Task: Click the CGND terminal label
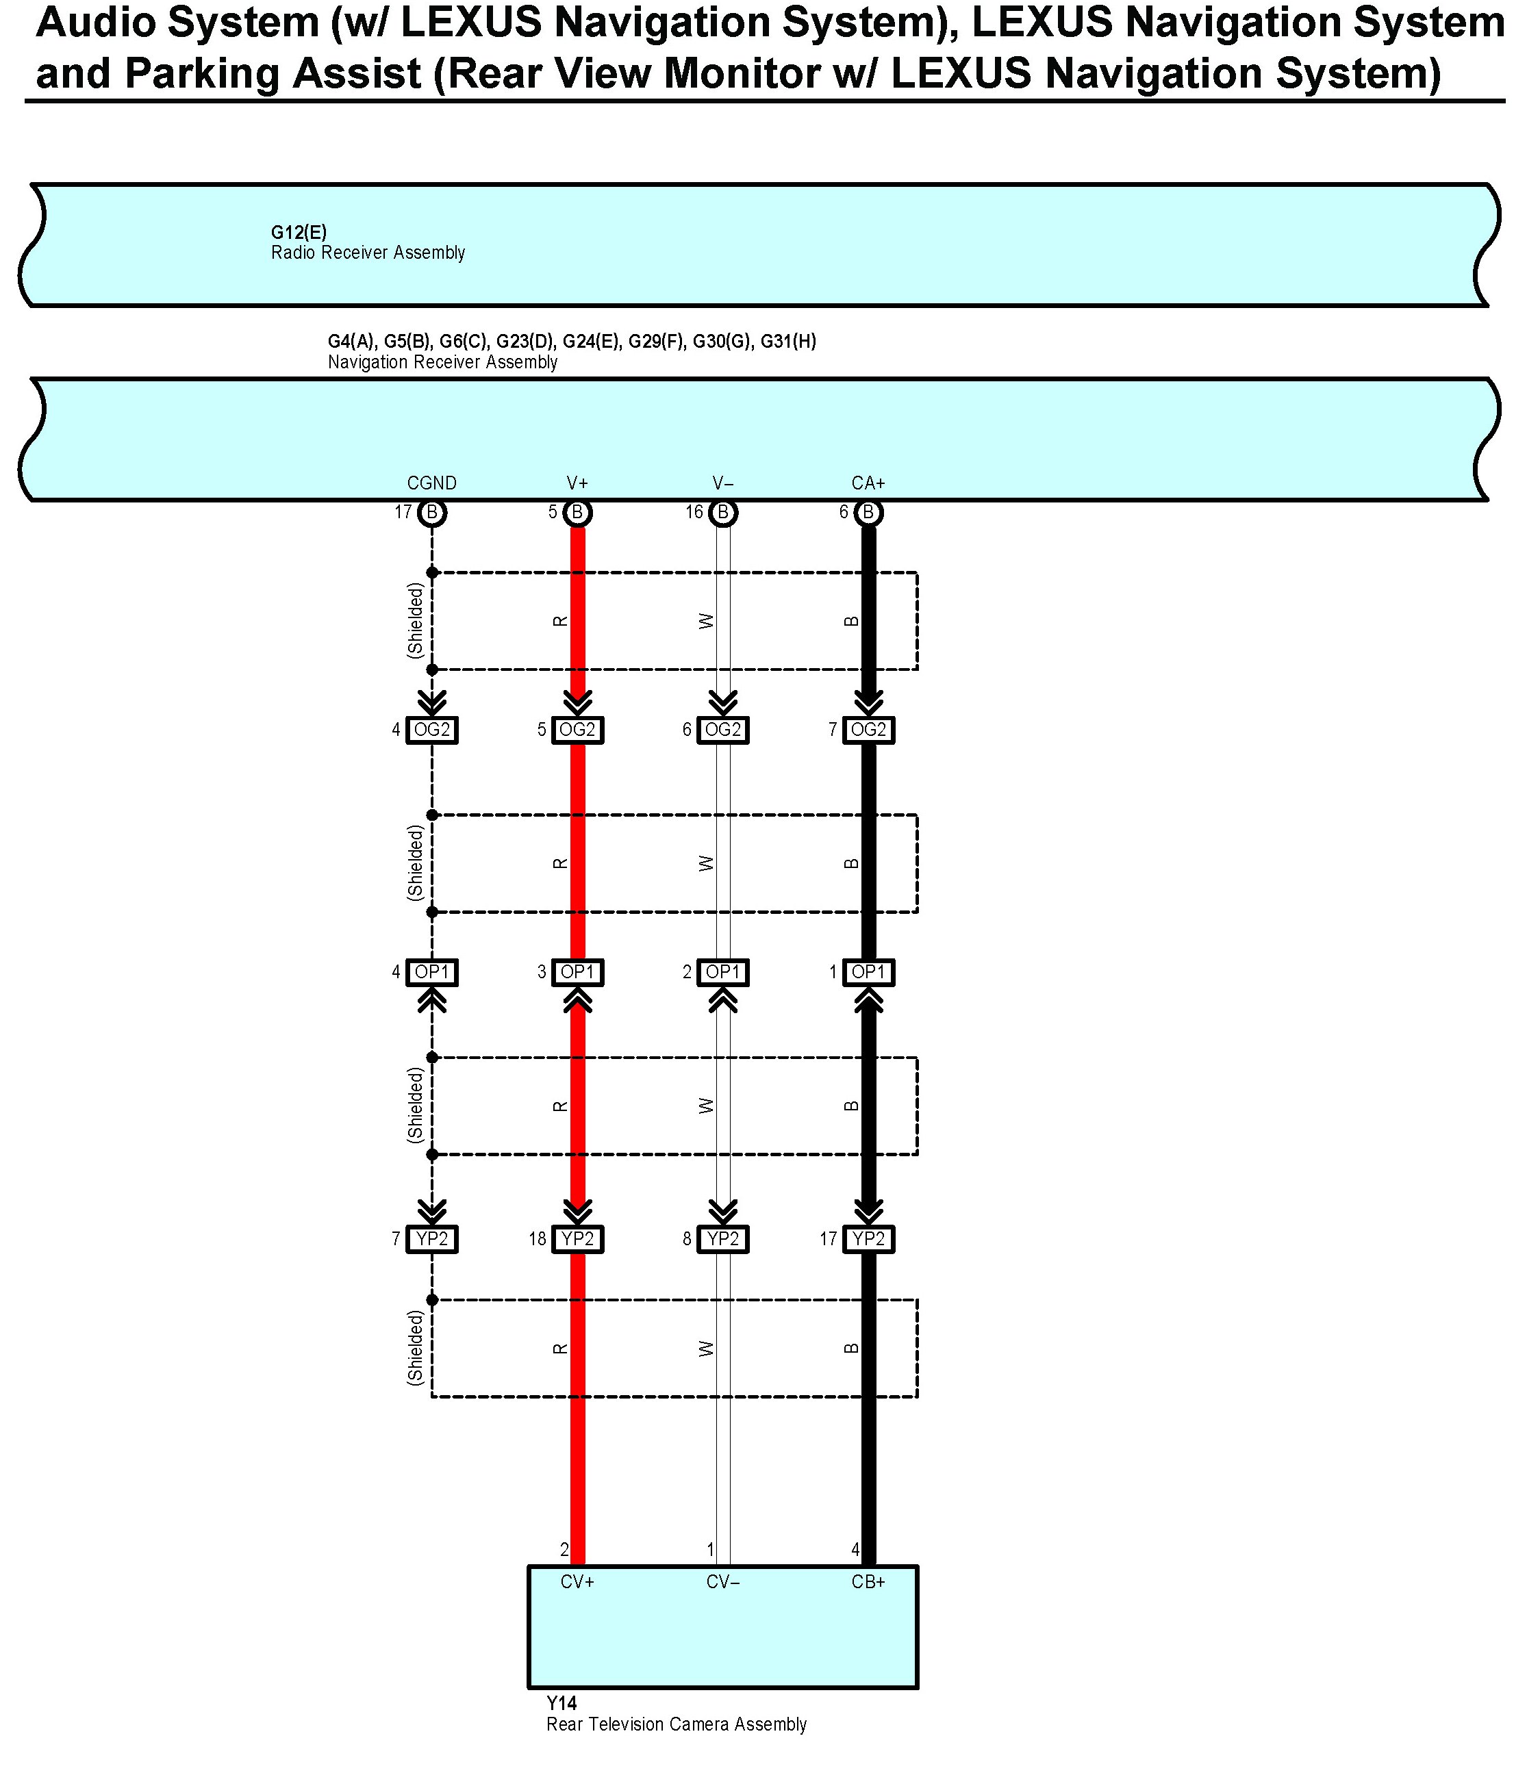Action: click(x=431, y=483)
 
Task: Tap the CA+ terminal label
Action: click(x=868, y=483)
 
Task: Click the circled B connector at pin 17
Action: click(x=432, y=513)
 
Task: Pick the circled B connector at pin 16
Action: click(x=723, y=513)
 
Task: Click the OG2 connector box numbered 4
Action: click(x=431, y=730)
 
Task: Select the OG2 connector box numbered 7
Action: click(x=868, y=730)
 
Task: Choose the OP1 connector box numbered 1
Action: click(x=868, y=972)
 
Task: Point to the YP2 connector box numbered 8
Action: click(x=723, y=1239)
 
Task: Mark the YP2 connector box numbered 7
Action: click(x=431, y=1239)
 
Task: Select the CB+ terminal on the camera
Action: click(x=868, y=1582)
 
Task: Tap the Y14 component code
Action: click(x=561, y=1704)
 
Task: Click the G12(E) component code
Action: click(x=299, y=233)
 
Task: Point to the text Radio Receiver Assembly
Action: click(x=368, y=253)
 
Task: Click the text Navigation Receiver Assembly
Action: click(x=442, y=363)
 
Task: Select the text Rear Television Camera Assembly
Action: click(x=677, y=1724)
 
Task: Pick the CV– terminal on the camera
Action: click(x=723, y=1582)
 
